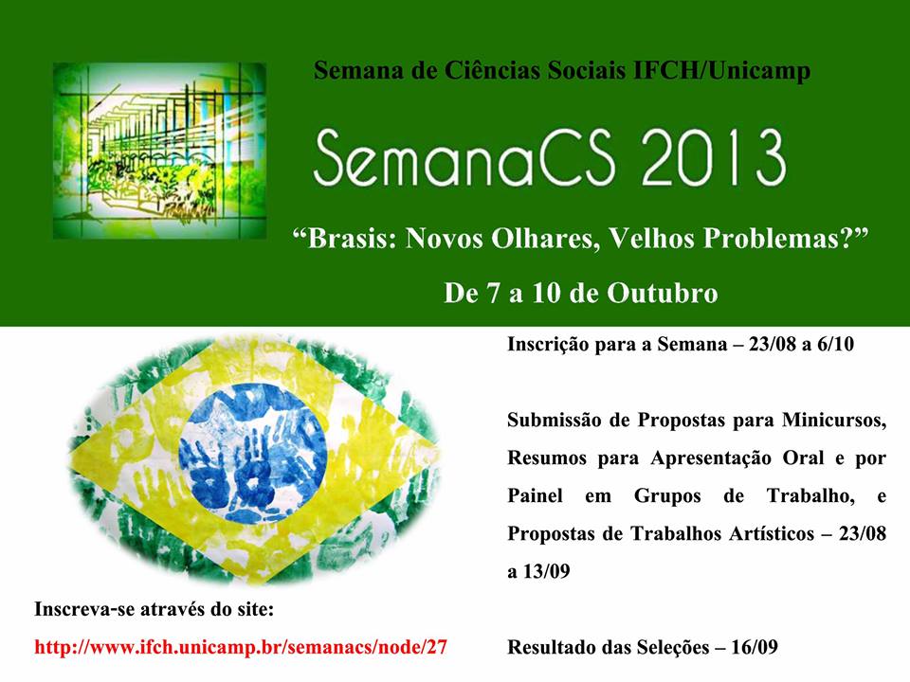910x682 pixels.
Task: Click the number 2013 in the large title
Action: tap(713, 157)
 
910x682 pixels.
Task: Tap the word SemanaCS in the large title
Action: tap(464, 157)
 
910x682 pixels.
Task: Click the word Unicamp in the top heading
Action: tap(759, 71)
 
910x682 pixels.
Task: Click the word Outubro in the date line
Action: tap(663, 293)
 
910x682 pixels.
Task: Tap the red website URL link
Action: tap(241, 647)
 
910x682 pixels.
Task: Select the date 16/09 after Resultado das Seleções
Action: tap(754, 647)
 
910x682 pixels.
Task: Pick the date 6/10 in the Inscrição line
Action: tap(835, 344)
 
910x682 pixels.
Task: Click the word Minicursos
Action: tap(834, 420)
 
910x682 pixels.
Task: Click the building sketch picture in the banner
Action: tap(159, 151)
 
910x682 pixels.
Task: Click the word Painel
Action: tap(535, 495)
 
